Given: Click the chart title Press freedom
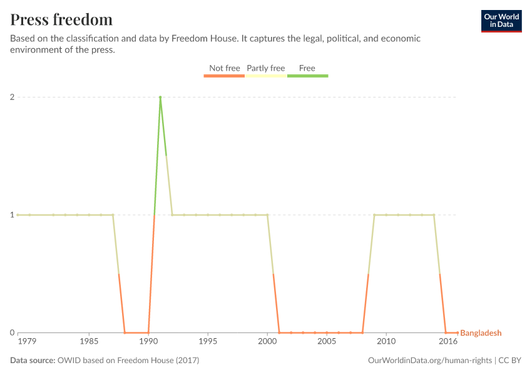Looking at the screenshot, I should (61, 19).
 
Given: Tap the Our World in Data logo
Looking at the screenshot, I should (501, 21).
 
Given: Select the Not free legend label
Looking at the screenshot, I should (225, 68).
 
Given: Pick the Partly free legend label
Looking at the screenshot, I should (266, 68).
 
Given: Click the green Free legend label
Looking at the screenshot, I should (307, 68).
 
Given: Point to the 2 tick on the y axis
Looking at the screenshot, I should (11, 97).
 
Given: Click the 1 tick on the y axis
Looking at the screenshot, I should (11, 215).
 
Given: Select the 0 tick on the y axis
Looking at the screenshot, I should (11, 332).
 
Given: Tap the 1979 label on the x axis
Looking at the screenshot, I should (27, 342).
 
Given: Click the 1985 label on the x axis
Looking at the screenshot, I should (89, 342).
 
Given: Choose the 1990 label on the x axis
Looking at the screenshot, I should (148, 342).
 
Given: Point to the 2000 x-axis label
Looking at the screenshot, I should (267, 342).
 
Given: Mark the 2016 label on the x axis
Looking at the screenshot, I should (447, 342).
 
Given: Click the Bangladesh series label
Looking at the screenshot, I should (481, 333).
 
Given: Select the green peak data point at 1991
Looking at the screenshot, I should (160, 97).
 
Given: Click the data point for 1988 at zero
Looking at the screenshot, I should (125, 332).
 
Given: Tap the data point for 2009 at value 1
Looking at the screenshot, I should (374, 215).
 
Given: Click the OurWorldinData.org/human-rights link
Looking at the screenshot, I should (429, 361).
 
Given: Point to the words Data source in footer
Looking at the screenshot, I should (33, 361).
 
